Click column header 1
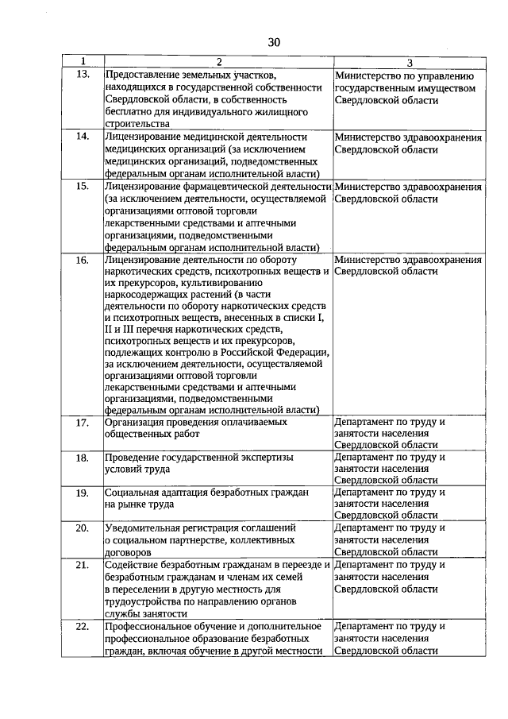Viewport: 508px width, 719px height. tap(83, 62)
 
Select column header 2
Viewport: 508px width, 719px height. tap(218, 62)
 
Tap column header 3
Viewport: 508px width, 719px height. tap(409, 62)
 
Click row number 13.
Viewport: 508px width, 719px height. tap(83, 74)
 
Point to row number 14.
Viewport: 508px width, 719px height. tap(83, 137)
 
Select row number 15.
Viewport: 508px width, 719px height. tap(83, 187)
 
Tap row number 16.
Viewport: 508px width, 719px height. tap(83, 261)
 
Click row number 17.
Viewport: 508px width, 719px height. tap(83, 423)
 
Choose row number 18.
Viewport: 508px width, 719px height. tap(83, 458)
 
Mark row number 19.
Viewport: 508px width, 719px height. tap(83, 493)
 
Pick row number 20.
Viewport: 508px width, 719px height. tap(83, 528)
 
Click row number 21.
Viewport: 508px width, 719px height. tap(83, 565)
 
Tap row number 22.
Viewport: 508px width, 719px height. tap(83, 627)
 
